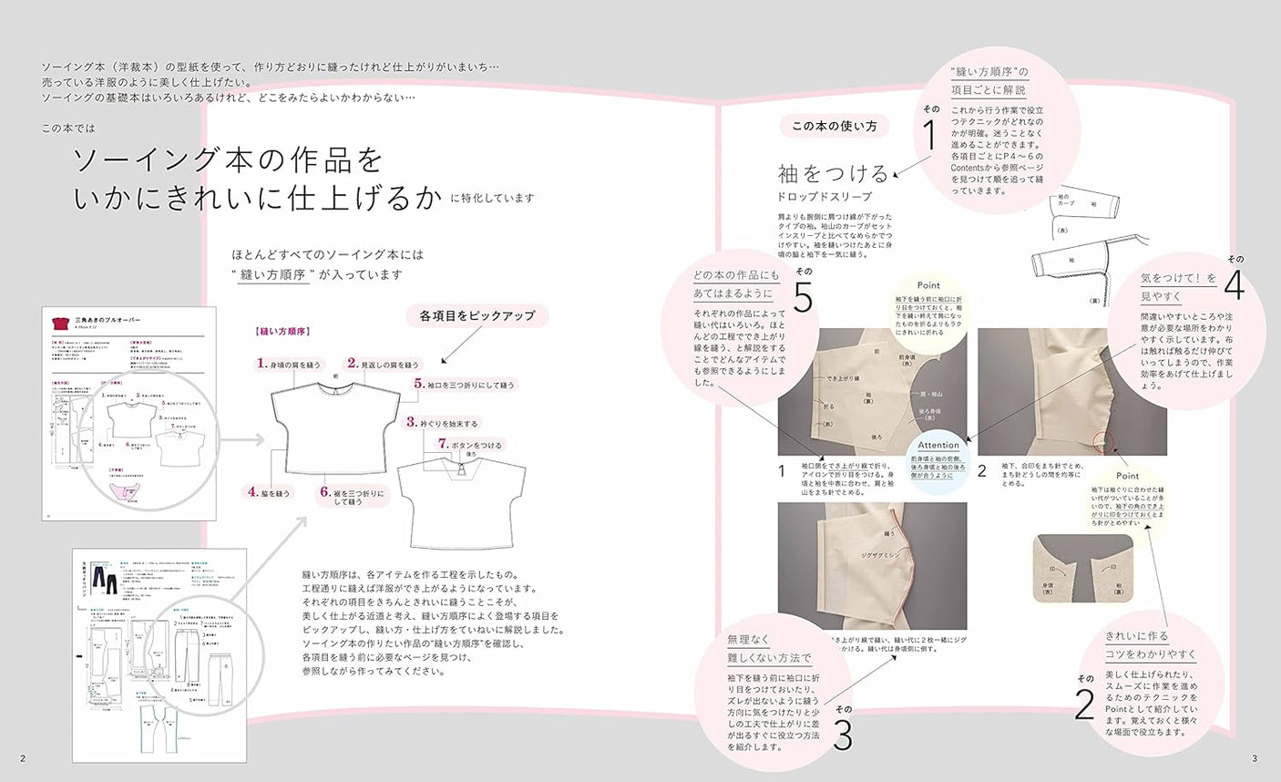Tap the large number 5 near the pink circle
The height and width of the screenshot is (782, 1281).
pyautogui.click(x=803, y=296)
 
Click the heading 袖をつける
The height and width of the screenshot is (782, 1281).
pyautogui.click(x=833, y=173)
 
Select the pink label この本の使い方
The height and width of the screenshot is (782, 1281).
pyautogui.click(x=834, y=126)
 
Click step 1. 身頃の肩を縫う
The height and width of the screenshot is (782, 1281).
pyautogui.click(x=290, y=364)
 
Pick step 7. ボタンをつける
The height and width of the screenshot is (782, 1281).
pyautogui.click(x=468, y=444)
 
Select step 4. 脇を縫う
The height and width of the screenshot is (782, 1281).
pyautogui.click(x=269, y=492)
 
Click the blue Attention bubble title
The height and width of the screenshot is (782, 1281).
pyautogui.click(x=938, y=446)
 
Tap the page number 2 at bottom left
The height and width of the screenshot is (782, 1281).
pyautogui.click(x=23, y=758)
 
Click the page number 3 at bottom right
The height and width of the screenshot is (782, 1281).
pyautogui.click(x=1255, y=758)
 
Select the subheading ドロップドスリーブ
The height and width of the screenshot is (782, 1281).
pyautogui.click(x=824, y=197)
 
